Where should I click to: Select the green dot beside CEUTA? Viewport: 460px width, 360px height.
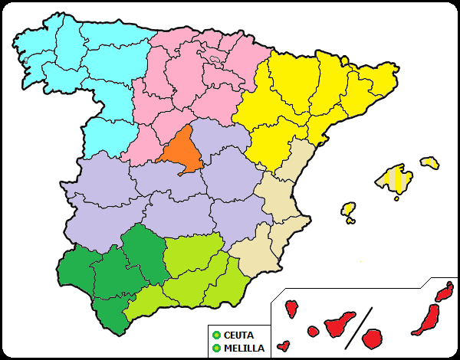[x=216, y=335]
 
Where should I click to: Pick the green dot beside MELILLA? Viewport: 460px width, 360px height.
[x=216, y=348]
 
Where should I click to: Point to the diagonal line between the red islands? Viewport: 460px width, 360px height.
[x=357, y=325]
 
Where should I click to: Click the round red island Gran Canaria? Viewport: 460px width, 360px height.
[x=373, y=338]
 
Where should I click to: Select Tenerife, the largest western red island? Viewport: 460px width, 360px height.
[x=339, y=325]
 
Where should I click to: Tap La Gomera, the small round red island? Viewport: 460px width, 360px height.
[x=313, y=332]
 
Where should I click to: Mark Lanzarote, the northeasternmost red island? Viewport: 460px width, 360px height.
[x=444, y=292]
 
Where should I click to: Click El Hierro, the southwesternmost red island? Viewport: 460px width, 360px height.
[x=284, y=345]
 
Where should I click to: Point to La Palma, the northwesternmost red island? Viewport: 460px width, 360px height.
[x=291, y=309]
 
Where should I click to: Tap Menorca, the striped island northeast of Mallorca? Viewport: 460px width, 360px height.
[x=430, y=162]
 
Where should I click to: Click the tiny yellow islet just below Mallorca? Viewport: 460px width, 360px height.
[x=396, y=198]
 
